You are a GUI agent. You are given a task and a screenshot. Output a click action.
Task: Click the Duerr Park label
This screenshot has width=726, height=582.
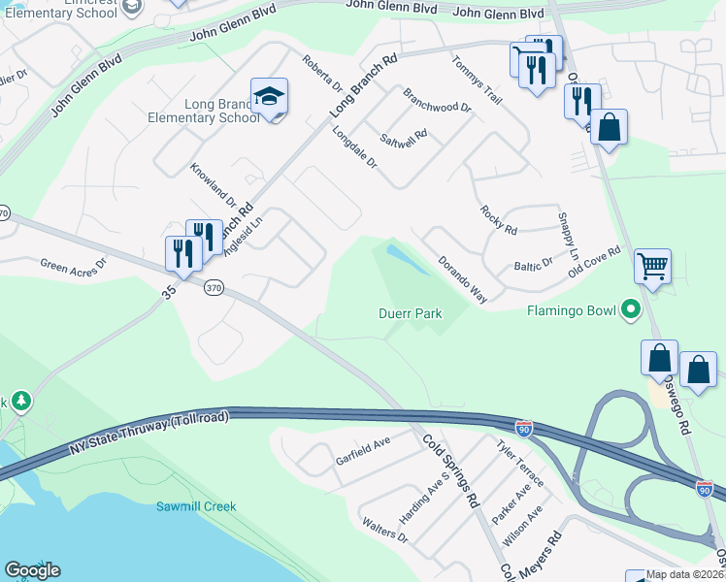410,313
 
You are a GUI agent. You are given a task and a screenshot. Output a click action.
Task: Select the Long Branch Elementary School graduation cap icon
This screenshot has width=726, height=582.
269,97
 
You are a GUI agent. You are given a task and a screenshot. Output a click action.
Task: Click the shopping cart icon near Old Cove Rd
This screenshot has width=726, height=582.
653,265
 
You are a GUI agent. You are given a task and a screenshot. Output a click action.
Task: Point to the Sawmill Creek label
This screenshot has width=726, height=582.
197,506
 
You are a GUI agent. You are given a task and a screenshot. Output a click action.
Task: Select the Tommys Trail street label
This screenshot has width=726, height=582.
477,79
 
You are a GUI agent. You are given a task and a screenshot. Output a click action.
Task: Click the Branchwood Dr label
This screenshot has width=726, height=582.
436,101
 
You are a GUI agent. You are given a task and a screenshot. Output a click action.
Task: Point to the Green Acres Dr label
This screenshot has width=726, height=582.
73,265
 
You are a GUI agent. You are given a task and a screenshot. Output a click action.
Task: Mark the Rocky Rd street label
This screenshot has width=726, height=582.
498,220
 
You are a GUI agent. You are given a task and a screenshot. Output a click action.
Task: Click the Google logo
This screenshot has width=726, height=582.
32,570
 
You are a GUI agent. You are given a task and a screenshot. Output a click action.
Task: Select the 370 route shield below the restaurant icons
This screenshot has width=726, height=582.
214,287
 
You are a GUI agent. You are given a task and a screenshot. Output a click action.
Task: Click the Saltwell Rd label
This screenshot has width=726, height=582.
404,140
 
